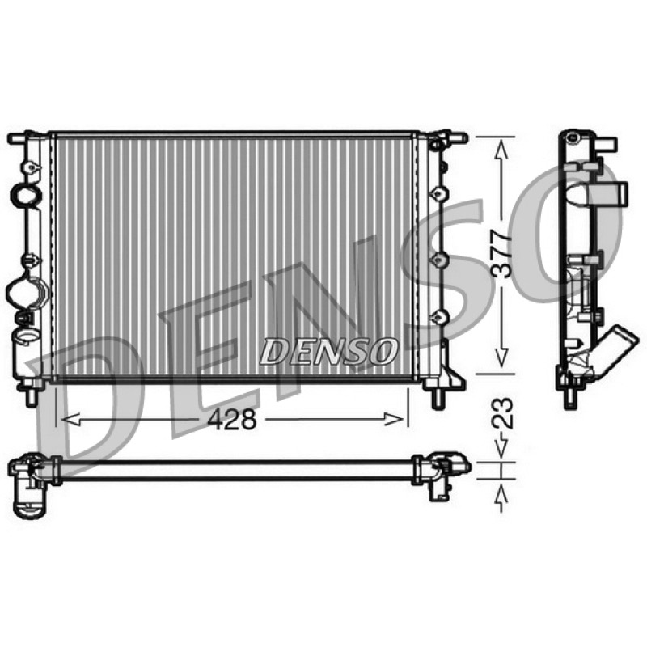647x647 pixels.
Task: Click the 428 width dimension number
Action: click(232, 419)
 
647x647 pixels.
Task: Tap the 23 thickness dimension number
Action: click(503, 414)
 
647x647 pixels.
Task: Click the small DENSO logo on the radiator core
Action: click(328, 351)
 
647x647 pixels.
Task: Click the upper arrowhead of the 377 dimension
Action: click(501, 150)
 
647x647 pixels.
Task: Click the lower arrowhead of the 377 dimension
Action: click(501, 357)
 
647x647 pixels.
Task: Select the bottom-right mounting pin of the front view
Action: click(438, 397)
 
